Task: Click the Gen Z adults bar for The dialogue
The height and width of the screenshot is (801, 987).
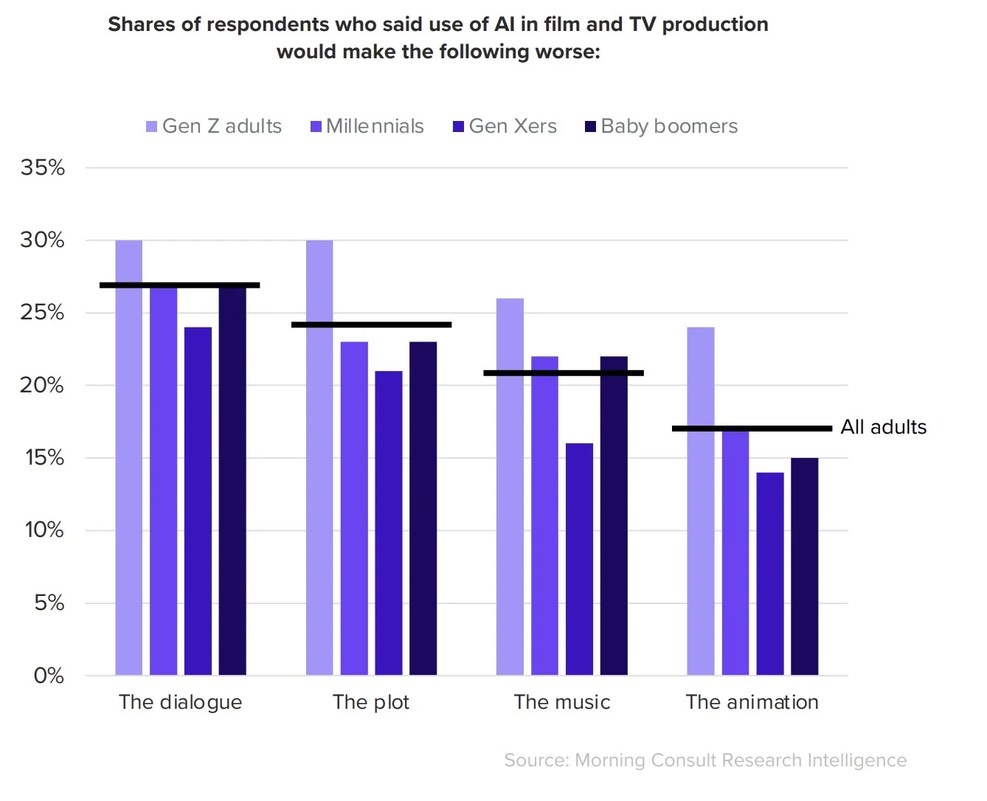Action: [x=128, y=457]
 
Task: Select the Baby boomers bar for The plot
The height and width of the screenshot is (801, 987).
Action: [x=423, y=508]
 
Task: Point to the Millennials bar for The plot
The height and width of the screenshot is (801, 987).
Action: [x=354, y=508]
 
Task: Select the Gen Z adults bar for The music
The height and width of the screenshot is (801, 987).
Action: [x=510, y=487]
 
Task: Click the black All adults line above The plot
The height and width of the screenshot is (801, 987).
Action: [x=371, y=325]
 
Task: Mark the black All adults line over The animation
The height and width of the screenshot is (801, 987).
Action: [x=752, y=429]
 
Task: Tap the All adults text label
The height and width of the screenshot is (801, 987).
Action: [x=883, y=427]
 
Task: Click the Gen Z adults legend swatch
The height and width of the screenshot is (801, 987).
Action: [x=152, y=127]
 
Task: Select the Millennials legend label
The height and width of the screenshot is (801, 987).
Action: [x=375, y=126]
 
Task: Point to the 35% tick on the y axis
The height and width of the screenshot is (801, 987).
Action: [x=43, y=167]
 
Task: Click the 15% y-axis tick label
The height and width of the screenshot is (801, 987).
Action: [x=44, y=458]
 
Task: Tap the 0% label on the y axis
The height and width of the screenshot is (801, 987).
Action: [x=49, y=676]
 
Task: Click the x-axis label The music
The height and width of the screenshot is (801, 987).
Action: [x=562, y=702]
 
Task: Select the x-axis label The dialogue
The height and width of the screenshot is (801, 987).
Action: [x=181, y=702]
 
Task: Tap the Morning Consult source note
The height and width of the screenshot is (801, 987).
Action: [x=705, y=760]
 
